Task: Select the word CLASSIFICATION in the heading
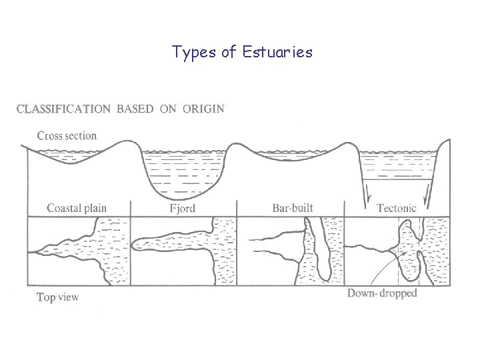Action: pyautogui.click(x=63, y=109)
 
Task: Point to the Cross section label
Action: pyautogui.click(x=67, y=136)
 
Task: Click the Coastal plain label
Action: pyautogui.click(x=77, y=207)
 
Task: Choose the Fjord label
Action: pyautogui.click(x=182, y=208)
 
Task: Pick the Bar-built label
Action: pyautogui.click(x=293, y=207)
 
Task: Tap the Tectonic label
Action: pyautogui.click(x=397, y=208)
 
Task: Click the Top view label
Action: pyautogui.click(x=58, y=297)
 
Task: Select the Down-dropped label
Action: pyautogui.click(x=382, y=293)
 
